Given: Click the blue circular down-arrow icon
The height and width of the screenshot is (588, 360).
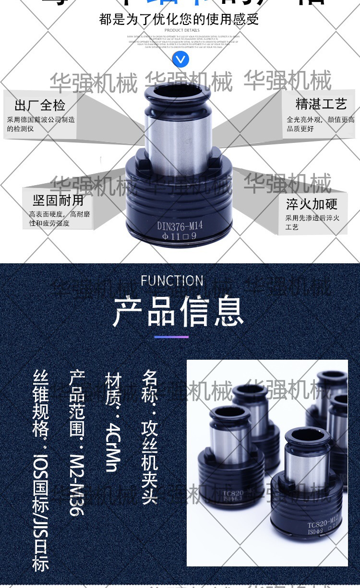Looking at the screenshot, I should tap(180, 59).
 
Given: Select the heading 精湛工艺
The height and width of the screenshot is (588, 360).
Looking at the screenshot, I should tap(321, 104).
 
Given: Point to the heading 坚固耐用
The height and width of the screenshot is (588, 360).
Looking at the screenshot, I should tap(58, 200).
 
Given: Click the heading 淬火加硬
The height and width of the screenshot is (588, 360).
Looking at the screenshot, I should tap(312, 204).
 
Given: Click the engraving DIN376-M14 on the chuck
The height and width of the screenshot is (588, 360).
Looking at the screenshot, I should tap(180, 225).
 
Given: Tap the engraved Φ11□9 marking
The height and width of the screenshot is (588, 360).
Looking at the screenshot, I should tap(180, 236).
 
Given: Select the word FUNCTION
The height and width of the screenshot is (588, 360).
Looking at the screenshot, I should tap(172, 281).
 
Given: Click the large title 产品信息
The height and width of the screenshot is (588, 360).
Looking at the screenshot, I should tap(179, 312).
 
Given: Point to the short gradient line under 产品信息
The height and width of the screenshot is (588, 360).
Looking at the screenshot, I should tap(171, 337).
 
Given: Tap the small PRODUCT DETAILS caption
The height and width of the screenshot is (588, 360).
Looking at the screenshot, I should tap(178, 30).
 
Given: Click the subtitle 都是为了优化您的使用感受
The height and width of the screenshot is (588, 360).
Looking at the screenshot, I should tap(179, 19).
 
